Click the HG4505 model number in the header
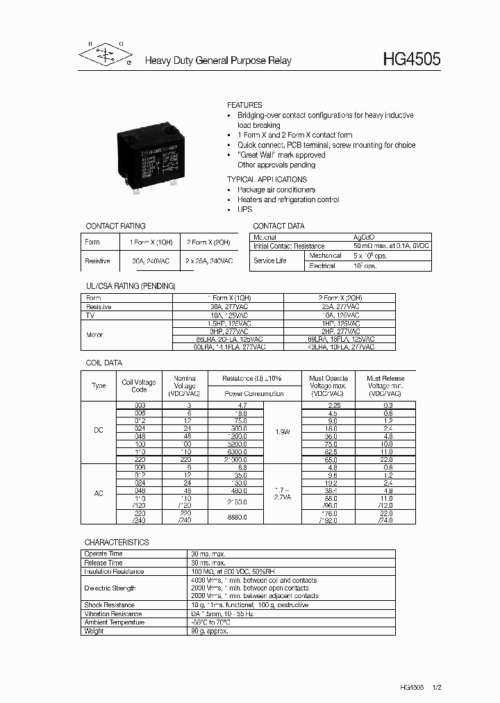tap(411, 60)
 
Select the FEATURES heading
tap(244, 105)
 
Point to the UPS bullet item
tap(244, 210)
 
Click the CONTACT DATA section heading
tap(278, 226)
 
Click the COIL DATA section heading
tap(103, 363)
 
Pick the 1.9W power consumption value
tap(283, 431)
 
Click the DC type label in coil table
tap(99, 431)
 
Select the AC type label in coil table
tap(99, 493)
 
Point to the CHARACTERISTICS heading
tap(117, 542)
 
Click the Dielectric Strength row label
tap(110, 588)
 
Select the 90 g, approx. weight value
tap(209, 631)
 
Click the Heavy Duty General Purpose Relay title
tap(218, 61)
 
